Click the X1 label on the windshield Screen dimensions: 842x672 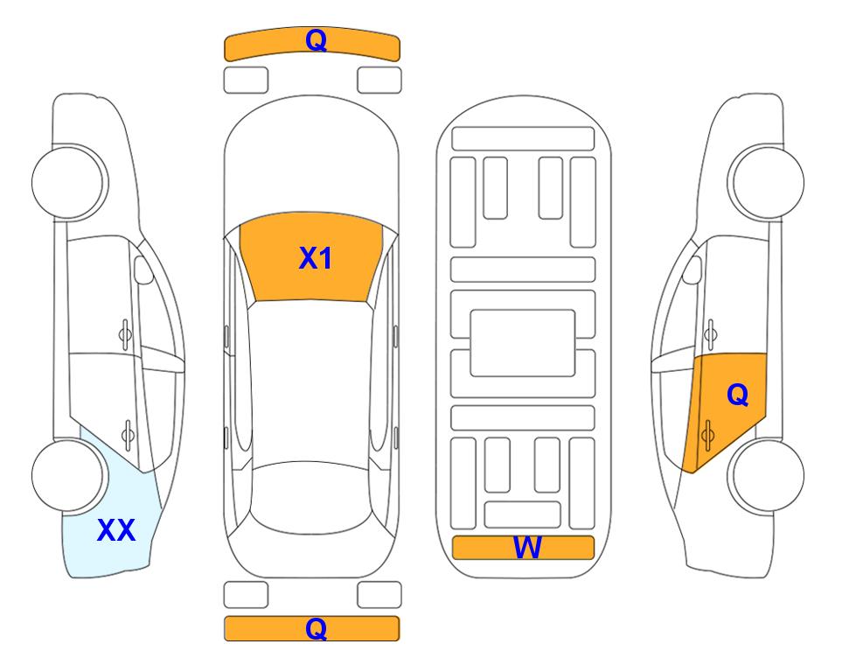click(x=316, y=258)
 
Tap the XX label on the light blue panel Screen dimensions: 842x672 click(x=116, y=530)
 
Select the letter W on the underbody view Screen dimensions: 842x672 click(x=527, y=548)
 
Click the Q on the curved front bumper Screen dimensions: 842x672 click(x=317, y=39)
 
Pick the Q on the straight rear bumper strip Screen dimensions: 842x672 click(x=317, y=628)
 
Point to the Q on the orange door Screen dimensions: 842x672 click(x=738, y=395)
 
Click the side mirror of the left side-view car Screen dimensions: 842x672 click(x=143, y=269)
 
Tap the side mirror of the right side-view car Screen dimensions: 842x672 click(x=692, y=270)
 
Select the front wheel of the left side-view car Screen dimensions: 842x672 click(x=69, y=182)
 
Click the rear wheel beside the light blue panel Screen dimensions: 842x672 click(x=69, y=475)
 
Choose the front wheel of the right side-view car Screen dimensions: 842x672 click(x=766, y=182)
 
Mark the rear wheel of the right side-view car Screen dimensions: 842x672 click(x=766, y=475)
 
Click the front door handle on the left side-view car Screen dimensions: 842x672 click(x=125, y=335)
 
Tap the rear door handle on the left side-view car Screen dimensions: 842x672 click(x=128, y=434)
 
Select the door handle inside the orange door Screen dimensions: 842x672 click(x=707, y=435)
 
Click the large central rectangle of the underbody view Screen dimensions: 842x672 click(x=523, y=343)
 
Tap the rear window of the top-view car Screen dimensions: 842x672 click(x=311, y=497)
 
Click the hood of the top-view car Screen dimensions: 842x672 click(x=311, y=161)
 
